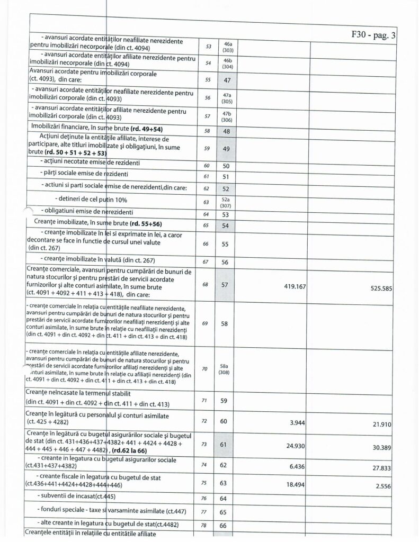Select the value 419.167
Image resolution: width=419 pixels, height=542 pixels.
(x=287, y=286)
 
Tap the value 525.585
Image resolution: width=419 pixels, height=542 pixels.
(x=377, y=289)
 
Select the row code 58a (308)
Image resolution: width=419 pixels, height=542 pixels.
(x=225, y=368)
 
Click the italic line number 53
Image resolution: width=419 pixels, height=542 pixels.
(x=208, y=46)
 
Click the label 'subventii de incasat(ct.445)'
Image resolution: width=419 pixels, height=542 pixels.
(x=77, y=497)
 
